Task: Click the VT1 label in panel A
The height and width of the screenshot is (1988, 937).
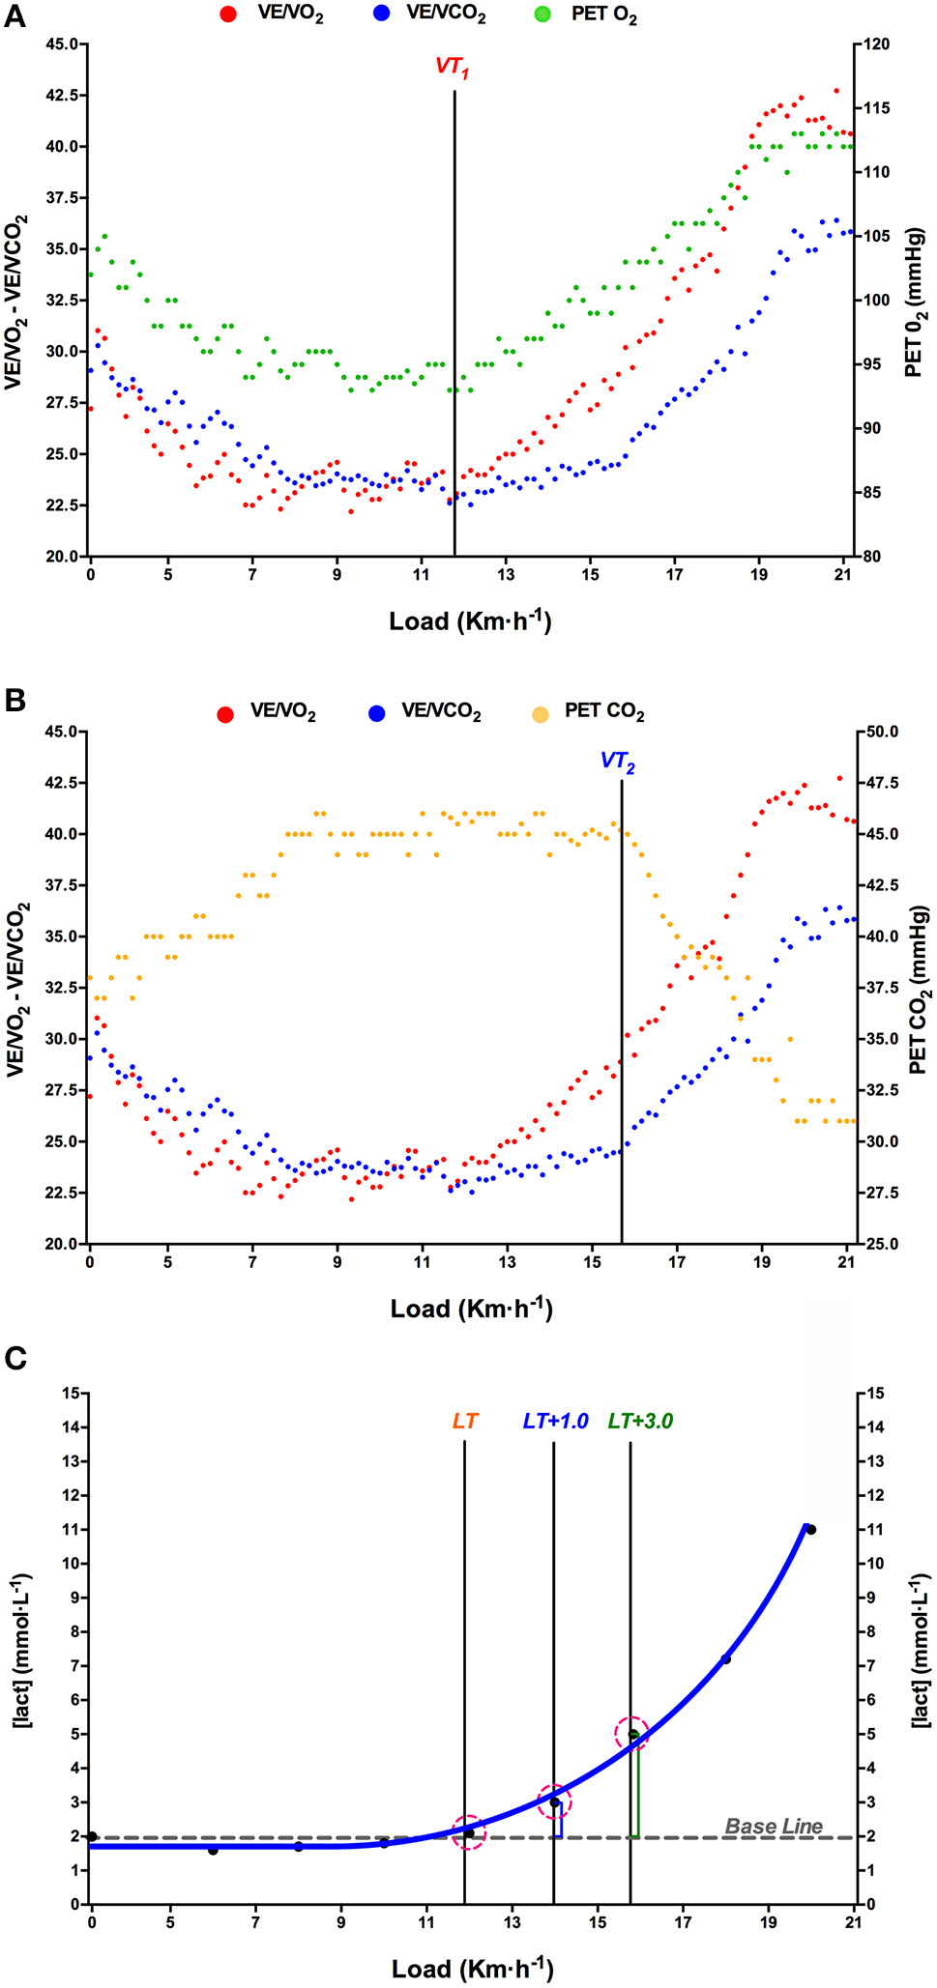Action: pyautogui.click(x=452, y=69)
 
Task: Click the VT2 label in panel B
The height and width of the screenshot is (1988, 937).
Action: pyautogui.click(x=618, y=761)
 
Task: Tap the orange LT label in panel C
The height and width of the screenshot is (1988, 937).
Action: pyautogui.click(x=465, y=1421)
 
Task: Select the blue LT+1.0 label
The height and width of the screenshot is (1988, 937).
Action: pyautogui.click(x=555, y=1421)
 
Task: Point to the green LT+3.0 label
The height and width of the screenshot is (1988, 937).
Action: pyautogui.click(x=640, y=1421)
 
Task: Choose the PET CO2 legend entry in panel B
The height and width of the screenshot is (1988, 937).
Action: pyautogui.click(x=603, y=712)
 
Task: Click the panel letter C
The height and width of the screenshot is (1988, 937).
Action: pyautogui.click(x=15, y=1359)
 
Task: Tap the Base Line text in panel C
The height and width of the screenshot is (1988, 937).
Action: pyautogui.click(x=774, y=1826)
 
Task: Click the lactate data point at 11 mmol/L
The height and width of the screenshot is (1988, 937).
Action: pyautogui.click(x=811, y=1530)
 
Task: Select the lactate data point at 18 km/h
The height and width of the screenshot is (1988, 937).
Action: pyautogui.click(x=726, y=1659)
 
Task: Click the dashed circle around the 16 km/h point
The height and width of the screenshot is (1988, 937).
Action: pyautogui.click(x=632, y=1734)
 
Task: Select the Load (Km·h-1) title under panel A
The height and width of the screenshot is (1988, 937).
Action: pyautogui.click(x=470, y=620)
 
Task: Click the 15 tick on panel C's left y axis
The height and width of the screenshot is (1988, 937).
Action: pyautogui.click(x=69, y=1393)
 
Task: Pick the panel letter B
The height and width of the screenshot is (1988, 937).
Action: pyautogui.click(x=15, y=701)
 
